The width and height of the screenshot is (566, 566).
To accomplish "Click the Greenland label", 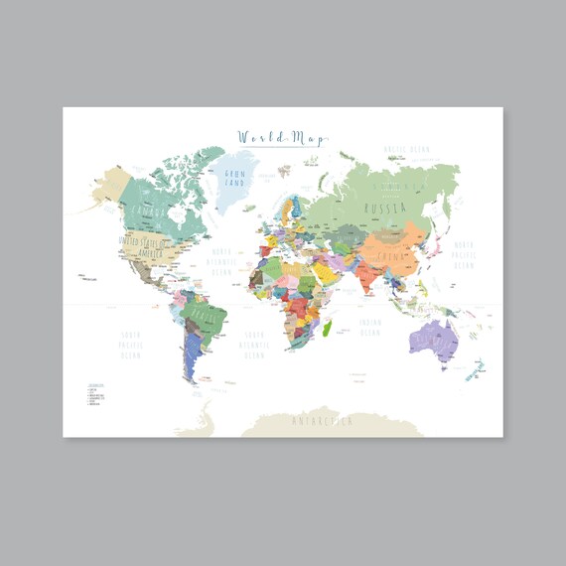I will click(236, 179).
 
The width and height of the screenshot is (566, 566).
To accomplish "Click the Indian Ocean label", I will click(369, 327).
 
